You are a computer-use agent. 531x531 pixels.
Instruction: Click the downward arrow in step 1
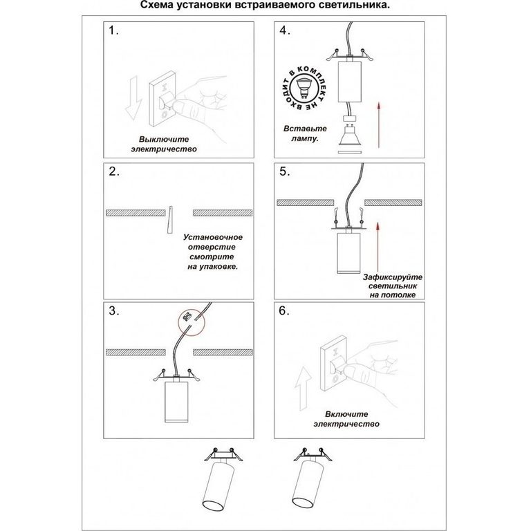[x=133, y=98]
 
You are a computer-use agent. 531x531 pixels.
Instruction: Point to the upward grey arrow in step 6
[x=303, y=389]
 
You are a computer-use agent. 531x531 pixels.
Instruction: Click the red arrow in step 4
[x=379, y=126]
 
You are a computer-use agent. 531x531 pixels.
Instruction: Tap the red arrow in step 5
[x=378, y=247]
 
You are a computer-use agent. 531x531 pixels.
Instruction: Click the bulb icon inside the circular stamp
[x=304, y=88]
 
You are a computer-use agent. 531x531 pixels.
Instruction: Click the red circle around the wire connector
[x=192, y=323]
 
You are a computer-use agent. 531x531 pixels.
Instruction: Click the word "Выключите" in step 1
[x=164, y=139]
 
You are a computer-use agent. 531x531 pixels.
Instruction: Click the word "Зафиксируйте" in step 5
[x=393, y=277]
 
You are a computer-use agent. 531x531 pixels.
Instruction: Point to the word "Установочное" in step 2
[x=213, y=237]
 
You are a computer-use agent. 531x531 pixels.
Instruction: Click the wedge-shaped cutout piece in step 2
[x=169, y=219]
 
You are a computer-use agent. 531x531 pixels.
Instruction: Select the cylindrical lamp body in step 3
[x=176, y=402]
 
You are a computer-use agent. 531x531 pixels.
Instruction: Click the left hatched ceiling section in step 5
[x=306, y=203]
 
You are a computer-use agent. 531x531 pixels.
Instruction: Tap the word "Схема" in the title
[x=156, y=5]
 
